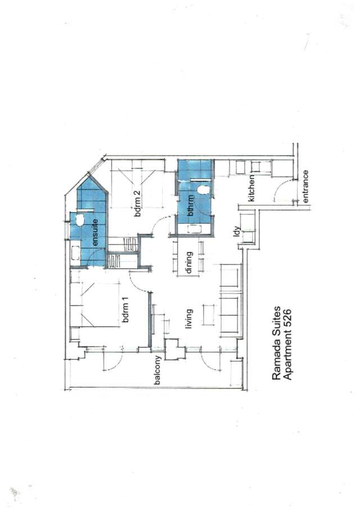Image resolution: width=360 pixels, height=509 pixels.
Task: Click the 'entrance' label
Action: point(306,186)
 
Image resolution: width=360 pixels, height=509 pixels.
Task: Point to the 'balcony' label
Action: point(158,371)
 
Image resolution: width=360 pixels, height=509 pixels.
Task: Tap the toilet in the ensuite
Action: point(79,220)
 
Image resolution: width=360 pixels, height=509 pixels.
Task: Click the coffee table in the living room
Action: point(208,315)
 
